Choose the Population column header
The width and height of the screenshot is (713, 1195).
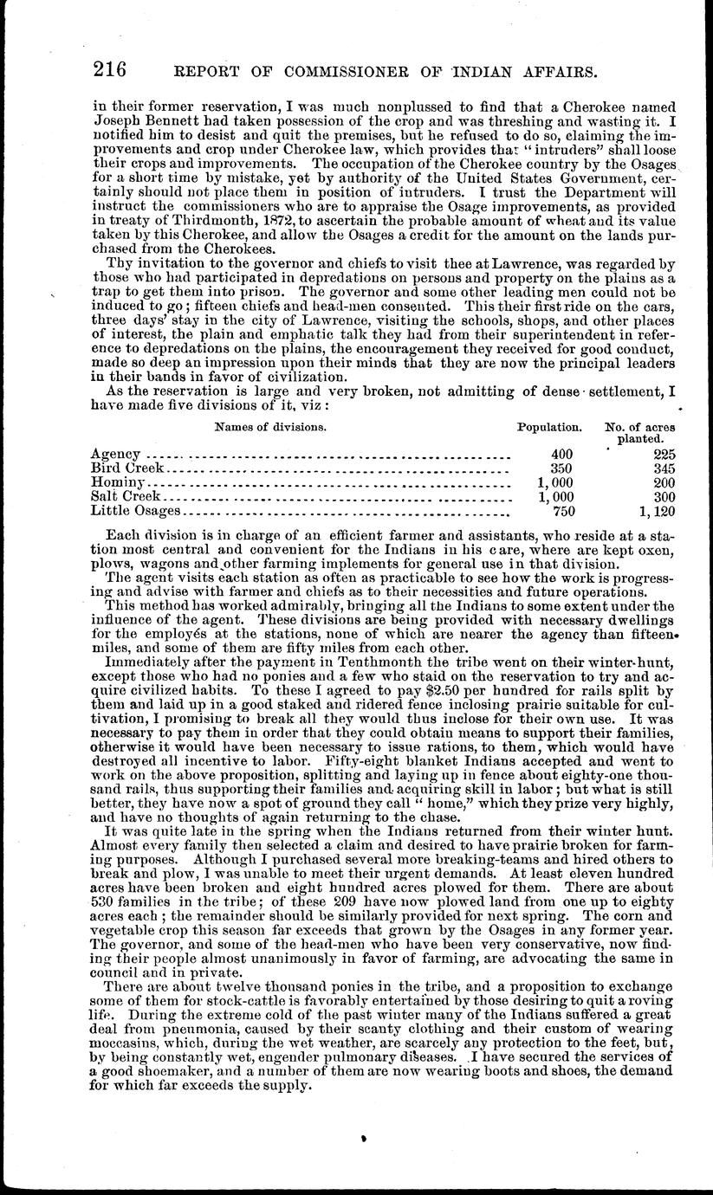coord(548,428)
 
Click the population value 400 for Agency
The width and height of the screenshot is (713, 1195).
coord(562,455)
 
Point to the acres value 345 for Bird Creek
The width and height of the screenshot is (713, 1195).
coord(664,468)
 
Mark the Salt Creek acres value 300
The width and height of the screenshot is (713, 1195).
coord(664,497)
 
